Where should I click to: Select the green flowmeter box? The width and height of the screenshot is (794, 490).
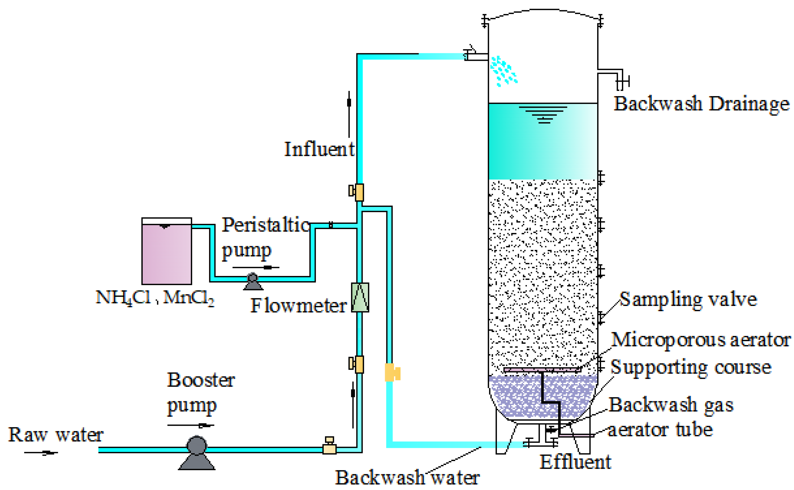coord(360,298)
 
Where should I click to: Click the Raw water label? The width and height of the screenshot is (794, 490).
coord(56,435)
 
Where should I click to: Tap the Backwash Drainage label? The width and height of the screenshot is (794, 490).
coord(701,104)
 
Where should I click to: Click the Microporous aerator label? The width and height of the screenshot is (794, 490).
coord(700,340)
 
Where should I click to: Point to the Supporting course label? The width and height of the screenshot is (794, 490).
coord(690,367)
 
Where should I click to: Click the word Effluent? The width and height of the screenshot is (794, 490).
coord(575,462)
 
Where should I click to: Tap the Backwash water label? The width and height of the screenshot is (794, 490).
coord(407,477)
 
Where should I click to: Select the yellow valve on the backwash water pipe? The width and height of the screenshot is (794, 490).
coord(392,372)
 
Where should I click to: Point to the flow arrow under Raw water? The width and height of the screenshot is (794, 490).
coord(41,453)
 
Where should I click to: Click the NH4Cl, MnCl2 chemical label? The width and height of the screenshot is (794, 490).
coord(155,297)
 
